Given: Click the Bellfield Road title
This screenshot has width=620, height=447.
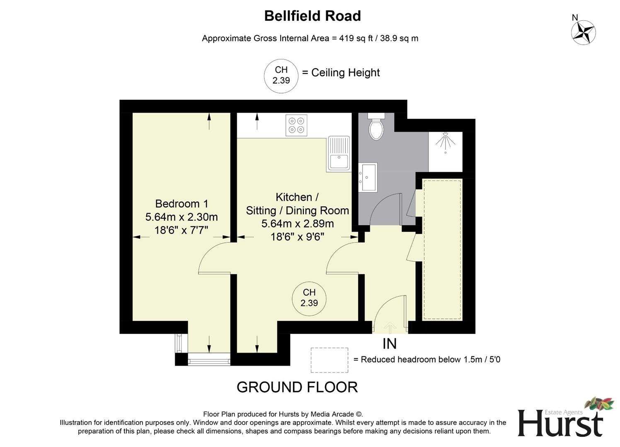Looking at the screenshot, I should click(x=312, y=16).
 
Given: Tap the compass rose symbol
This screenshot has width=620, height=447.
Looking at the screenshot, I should click(x=583, y=32).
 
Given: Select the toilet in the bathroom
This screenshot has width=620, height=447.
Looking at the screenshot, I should click(x=376, y=127).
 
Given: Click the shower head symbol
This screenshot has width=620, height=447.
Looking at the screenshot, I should click(x=445, y=141).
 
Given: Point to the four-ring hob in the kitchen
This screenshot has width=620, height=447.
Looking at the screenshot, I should click(x=296, y=125).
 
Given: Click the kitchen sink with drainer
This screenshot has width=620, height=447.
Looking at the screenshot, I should click(x=339, y=154).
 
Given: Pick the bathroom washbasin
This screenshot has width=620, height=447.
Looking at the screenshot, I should click(x=368, y=177).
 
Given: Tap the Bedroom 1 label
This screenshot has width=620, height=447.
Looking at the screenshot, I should click(x=182, y=204).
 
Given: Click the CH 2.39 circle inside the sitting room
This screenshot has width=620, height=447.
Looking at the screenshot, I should click(x=309, y=298).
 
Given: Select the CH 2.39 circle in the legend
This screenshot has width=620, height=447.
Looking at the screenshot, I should click(x=281, y=75).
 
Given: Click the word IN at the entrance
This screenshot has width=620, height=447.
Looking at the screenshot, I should click(x=389, y=344).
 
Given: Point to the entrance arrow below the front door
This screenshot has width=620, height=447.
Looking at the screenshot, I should click(x=389, y=327).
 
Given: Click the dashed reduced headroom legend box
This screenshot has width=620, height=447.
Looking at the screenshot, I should click(x=329, y=360).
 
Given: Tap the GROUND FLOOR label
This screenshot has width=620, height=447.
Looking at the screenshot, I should click(x=297, y=387).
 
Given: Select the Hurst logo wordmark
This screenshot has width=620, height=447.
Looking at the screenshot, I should click(x=560, y=423).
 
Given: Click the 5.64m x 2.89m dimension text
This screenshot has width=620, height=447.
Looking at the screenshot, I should click(x=297, y=224).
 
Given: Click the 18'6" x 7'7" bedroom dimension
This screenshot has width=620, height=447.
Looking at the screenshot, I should click(x=181, y=230).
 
